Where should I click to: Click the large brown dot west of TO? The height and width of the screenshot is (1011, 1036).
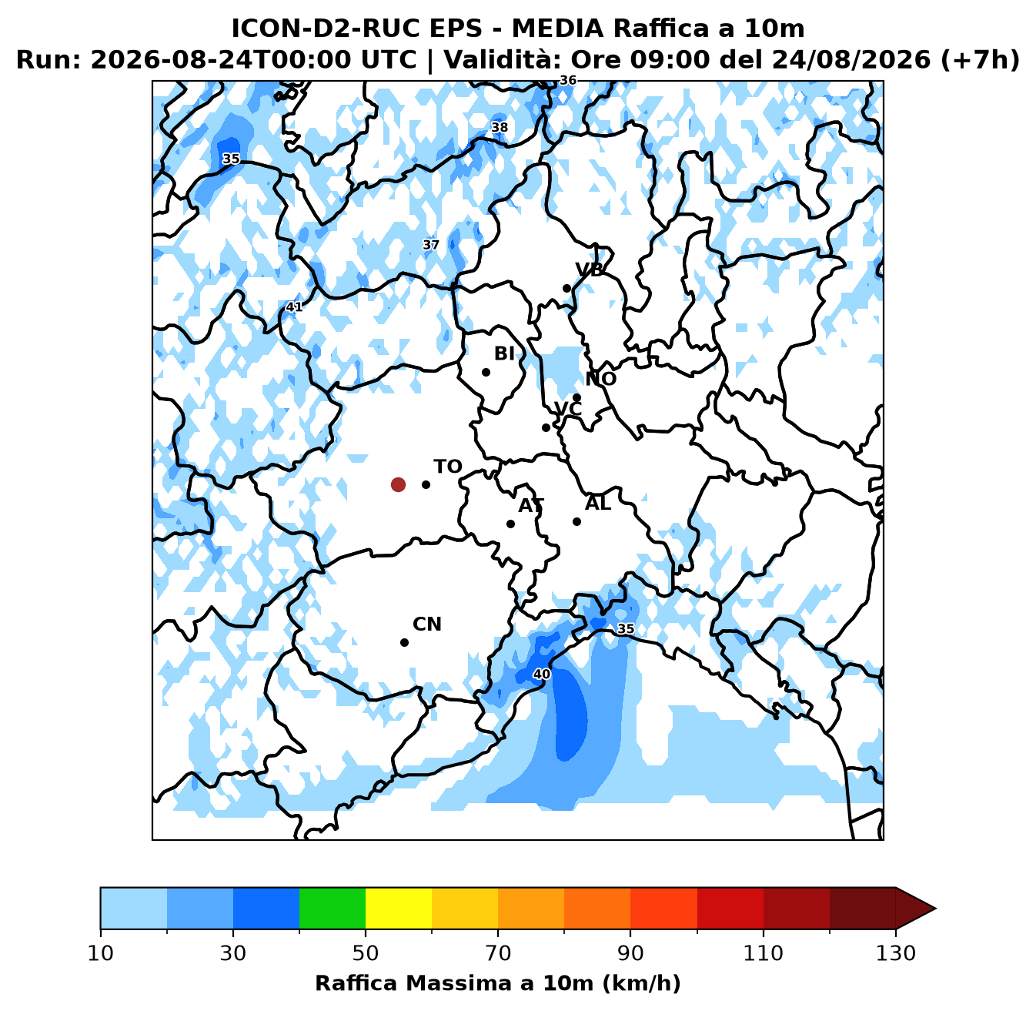point(398,484)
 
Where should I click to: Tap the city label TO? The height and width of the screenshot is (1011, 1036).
point(448,467)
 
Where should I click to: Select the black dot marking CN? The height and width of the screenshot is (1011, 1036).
point(404,642)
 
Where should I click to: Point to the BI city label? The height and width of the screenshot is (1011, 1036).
point(504,353)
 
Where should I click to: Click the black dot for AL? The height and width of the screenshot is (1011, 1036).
point(576,521)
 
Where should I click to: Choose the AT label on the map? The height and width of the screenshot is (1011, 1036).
point(531,505)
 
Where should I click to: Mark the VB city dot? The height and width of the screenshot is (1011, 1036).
point(567,288)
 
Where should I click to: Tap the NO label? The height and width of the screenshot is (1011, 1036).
point(600,379)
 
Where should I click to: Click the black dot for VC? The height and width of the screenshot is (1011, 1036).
point(546,428)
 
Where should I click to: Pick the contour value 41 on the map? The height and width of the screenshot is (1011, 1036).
point(294,306)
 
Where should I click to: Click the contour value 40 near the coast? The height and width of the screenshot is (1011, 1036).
point(541,675)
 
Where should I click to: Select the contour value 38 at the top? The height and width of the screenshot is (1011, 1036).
point(500,127)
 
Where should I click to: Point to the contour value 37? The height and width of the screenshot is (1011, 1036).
point(431,245)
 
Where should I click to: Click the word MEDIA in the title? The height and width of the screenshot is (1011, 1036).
point(558,28)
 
